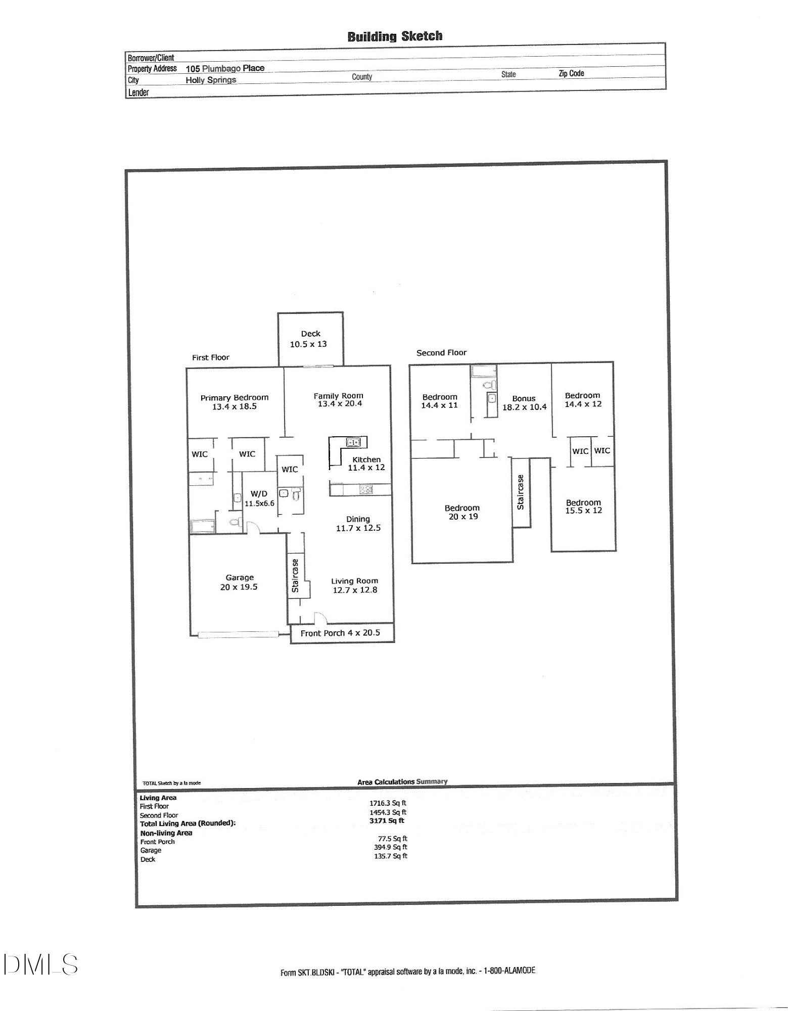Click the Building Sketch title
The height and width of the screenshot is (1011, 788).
point(395,36)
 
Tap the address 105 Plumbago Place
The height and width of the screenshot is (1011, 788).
point(225,68)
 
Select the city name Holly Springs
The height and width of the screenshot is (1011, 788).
point(211,80)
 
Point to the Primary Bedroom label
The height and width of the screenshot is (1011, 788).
point(234,398)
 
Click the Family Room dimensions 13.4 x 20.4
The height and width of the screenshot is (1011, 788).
point(340,404)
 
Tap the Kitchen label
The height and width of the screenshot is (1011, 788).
point(366,459)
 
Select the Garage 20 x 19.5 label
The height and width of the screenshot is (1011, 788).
point(239,582)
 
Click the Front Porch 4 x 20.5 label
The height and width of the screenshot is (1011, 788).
point(340,633)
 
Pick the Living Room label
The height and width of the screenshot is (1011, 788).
point(354,581)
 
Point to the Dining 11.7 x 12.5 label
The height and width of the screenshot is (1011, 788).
point(358,523)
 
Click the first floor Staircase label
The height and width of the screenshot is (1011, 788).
point(295,575)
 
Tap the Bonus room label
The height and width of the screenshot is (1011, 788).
point(524,398)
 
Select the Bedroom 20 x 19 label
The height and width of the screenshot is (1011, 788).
point(462,512)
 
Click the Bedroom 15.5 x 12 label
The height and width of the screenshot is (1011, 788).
point(583,507)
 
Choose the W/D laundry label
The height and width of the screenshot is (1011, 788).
point(259,494)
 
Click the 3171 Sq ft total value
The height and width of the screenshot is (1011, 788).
point(387,821)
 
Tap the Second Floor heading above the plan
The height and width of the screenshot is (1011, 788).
point(441,353)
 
